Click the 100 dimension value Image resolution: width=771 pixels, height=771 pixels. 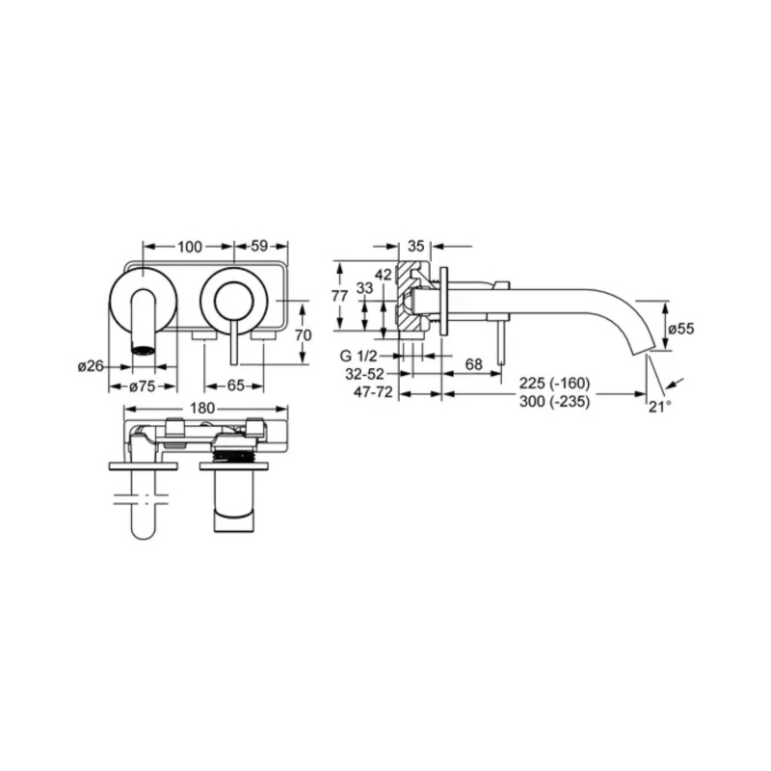[x=190, y=247]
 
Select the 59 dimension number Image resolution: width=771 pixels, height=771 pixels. [x=259, y=246]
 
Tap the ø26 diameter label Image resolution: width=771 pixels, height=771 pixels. [x=91, y=366]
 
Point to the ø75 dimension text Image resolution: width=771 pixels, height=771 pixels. [x=143, y=387]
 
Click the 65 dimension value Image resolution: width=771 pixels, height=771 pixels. [x=235, y=386]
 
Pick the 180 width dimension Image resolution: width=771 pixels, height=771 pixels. [x=202, y=408]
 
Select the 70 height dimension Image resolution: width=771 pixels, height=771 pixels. [x=303, y=335]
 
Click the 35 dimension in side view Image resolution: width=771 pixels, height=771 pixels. [x=416, y=246]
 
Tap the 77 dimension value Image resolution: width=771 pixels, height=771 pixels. [x=339, y=296]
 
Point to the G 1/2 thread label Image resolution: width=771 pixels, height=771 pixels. [x=359, y=356]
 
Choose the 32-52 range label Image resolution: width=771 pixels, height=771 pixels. [x=364, y=374]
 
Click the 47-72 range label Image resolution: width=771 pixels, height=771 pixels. [x=374, y=392]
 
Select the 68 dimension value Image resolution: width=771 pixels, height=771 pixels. [x=473, y=364]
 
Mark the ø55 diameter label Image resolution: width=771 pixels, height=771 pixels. [x=681, y=329]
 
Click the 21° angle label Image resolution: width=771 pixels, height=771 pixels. [x=660, y=407]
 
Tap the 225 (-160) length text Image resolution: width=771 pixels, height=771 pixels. [x=555, y=383]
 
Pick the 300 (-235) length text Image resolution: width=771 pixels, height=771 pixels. [x=555, y=402]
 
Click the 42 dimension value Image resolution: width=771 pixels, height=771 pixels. [x=384, y=274]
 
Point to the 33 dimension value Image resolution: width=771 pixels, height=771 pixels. [x=364, y=287]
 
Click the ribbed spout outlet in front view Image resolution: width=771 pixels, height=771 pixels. [x=143, y=350]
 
